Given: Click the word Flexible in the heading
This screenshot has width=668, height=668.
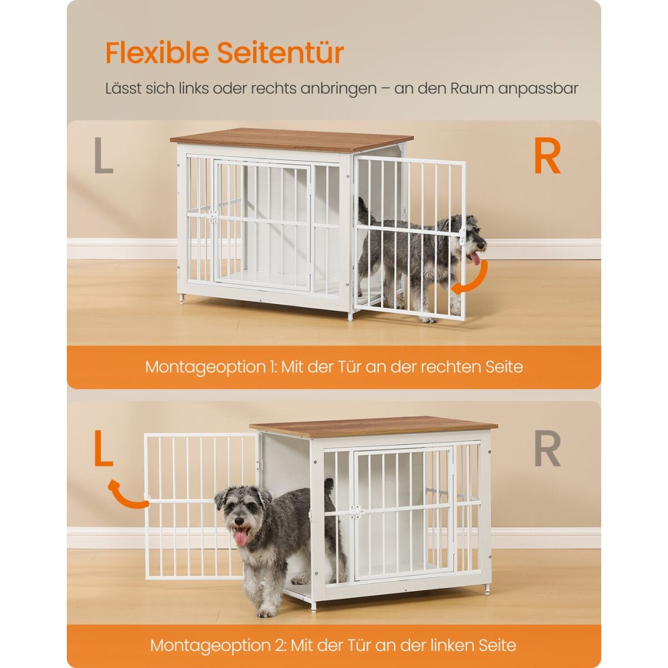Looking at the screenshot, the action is click(157, 53).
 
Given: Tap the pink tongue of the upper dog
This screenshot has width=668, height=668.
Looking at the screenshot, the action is click(475, 258).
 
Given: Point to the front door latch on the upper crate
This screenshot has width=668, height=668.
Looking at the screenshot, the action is click(213, 217).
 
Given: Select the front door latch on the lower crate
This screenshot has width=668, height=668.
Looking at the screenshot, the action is click(356, 512).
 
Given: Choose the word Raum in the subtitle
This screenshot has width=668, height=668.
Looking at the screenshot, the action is click(472, 89).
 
